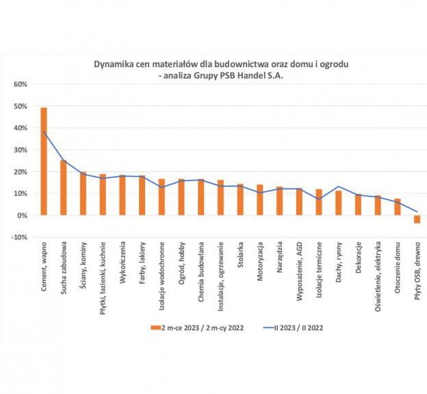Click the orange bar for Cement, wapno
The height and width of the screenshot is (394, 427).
coord(44,162)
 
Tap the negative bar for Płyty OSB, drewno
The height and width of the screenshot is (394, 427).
coord(417,219)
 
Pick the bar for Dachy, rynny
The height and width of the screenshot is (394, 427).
coord(338,203)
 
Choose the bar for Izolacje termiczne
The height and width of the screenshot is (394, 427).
coord(319,202)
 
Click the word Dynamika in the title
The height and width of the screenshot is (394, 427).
coord(114,64)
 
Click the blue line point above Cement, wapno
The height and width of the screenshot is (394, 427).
coord(44,132)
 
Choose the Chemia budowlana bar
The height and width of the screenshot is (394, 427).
coord(200,197)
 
